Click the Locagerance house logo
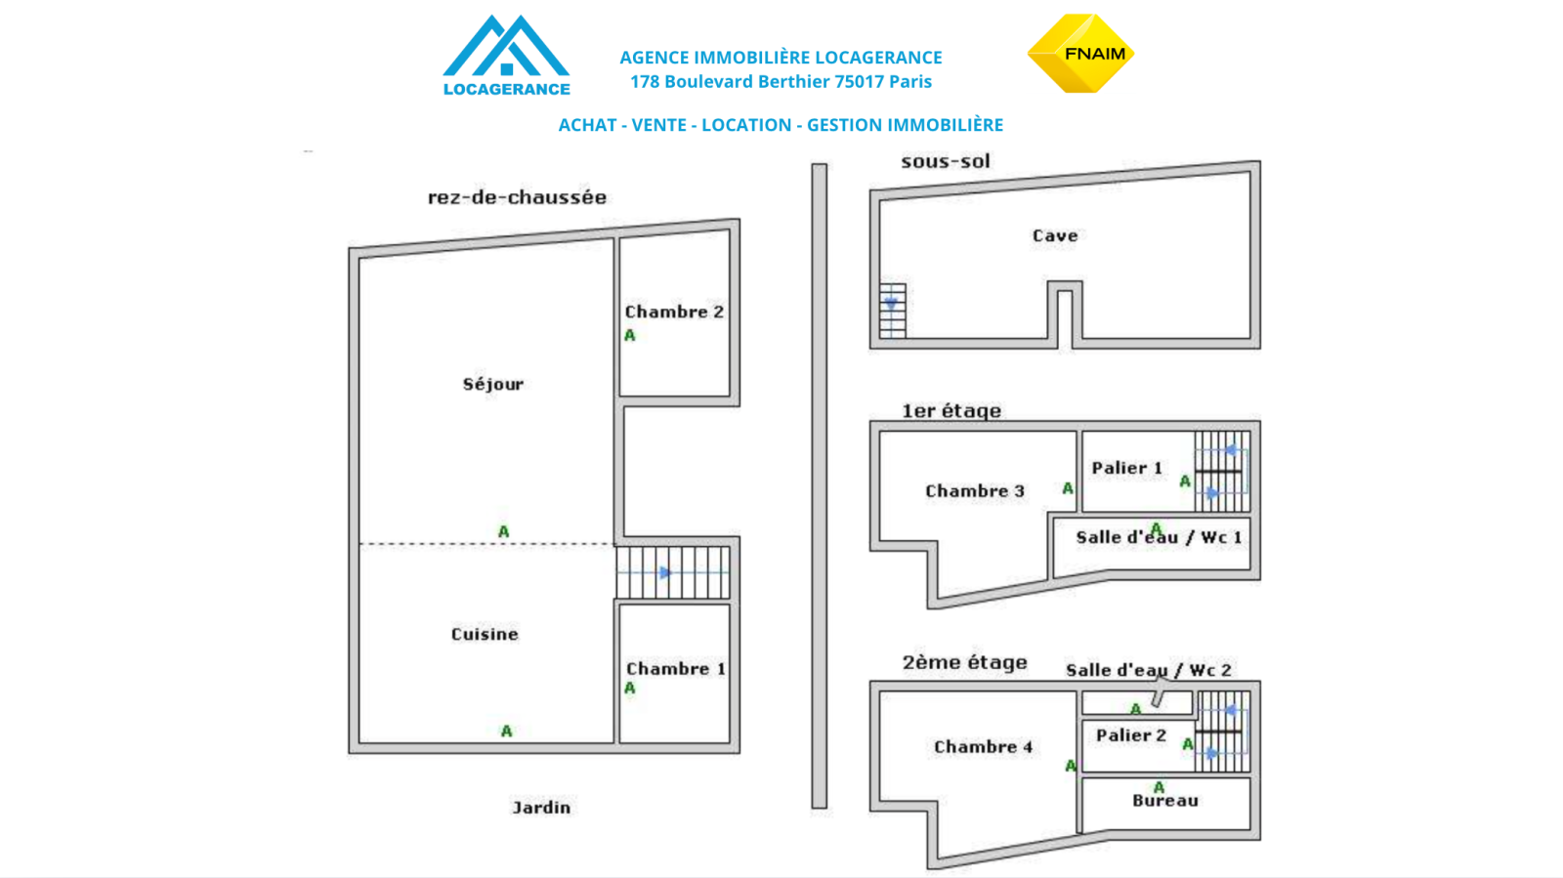tap(506, 56)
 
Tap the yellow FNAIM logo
tap(1080, 54)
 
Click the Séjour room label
tap(493, 384)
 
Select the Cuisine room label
tap(485, 634)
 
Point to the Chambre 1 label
tap(675, 669)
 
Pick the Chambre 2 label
tap(674, 312)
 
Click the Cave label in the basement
tap(1055, 235)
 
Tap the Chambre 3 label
tap(975, 490)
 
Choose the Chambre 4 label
tap(983, 747)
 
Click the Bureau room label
tap(1165, 801)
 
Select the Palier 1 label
tap(1127, 468)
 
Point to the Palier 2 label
tap(1131, 735)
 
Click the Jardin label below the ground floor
tap(541, 807)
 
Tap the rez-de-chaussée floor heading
tap(517, 197)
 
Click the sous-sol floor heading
tap(946, 161)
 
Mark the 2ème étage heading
tap(964, 662)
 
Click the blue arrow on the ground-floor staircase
tap(665, 572)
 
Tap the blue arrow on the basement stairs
tap(891, 305)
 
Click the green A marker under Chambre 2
tap(630, 335)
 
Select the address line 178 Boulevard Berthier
tap(781, 82)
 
